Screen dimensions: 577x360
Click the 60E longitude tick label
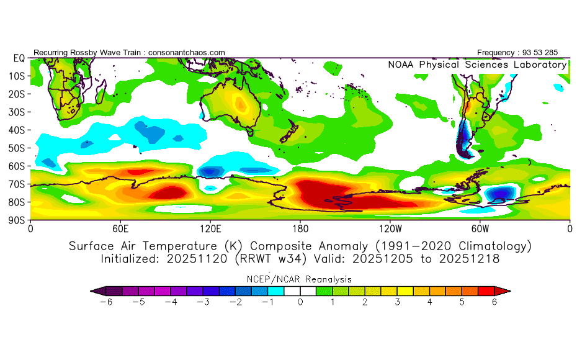pos(120,229)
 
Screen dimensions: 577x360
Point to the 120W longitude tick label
pos(390,229)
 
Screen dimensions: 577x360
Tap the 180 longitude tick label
pos(300,229)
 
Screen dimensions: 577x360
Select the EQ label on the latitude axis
pos(19,58)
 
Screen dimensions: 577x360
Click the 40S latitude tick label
pos(16,130)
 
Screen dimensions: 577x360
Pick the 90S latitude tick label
pos(16,220)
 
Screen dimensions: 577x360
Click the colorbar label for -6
pos(106,302)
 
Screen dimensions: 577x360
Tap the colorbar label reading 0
pos(300,302)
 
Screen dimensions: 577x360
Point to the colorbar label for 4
pos(429,302)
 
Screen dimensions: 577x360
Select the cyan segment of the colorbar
pos(276,291)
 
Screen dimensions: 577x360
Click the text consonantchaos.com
pos(187,53)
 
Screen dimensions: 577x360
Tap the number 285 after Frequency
pos(551,53)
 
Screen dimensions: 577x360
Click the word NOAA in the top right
pos(401,65)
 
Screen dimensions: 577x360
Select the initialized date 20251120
pos(197,259)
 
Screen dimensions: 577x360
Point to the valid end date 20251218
pos(469,259)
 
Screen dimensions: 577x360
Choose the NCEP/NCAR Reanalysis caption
pos(299,279)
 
